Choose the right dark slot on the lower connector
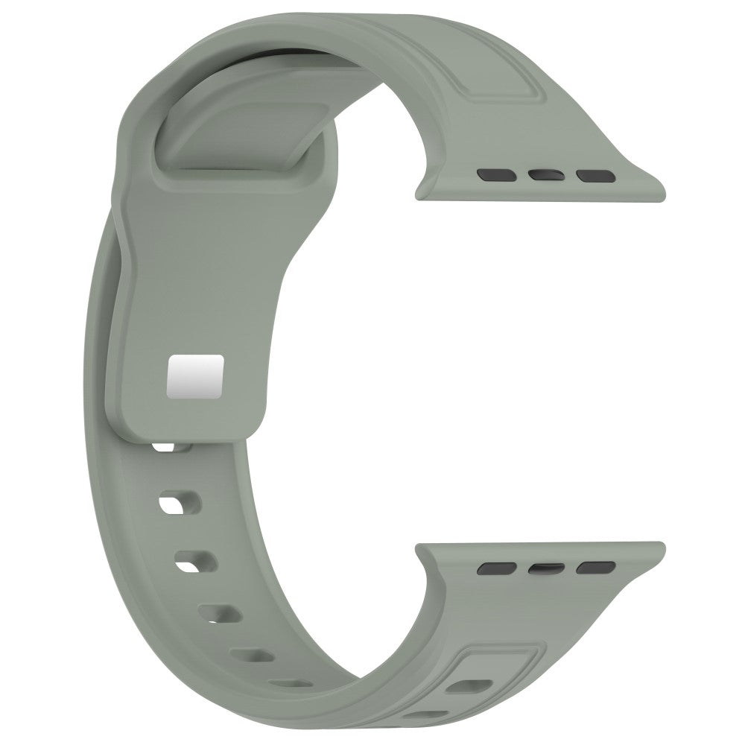click(x=593, y=568)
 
